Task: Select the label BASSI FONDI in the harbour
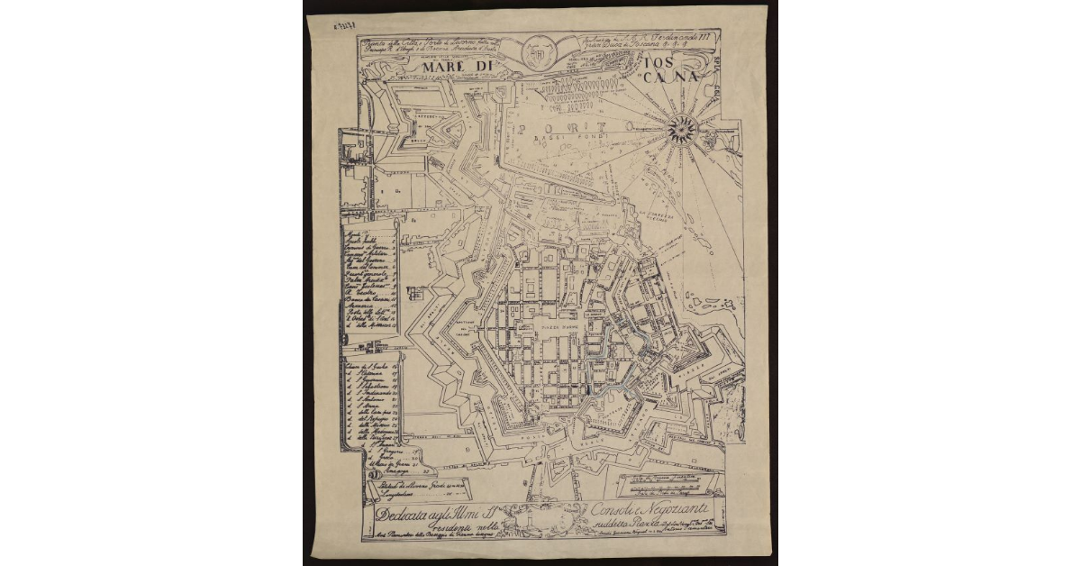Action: (551, 137)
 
